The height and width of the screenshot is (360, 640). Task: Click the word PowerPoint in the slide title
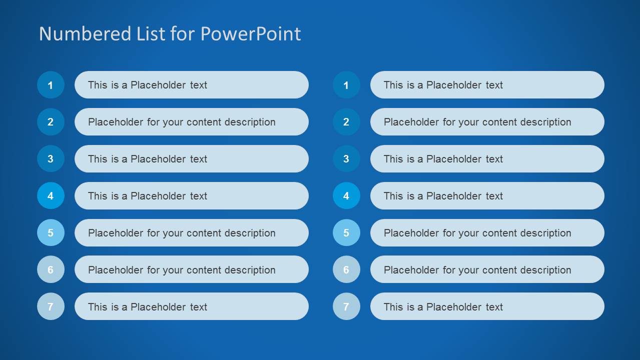(x=251, y=34)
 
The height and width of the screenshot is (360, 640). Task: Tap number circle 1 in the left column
(x=51, y=85)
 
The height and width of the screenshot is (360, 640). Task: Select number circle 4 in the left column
(x=51, y=196)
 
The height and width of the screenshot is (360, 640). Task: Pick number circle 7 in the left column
(x=51, y=306)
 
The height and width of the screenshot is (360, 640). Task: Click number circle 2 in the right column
(x=346, y=122)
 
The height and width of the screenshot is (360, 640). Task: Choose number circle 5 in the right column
(x=346, y=233)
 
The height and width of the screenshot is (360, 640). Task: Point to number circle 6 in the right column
(x=346, y=270)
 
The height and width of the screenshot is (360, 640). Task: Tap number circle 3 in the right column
(x=346, y=159)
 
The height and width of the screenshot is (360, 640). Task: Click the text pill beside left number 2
(x=191, y=122)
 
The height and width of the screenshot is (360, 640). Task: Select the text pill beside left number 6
(x=191, y=270)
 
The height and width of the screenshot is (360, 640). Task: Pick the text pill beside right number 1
(x=487, y=85)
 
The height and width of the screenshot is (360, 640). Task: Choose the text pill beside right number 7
(x=487, y=306)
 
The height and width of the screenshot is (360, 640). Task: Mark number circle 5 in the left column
(x=51, y=233)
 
